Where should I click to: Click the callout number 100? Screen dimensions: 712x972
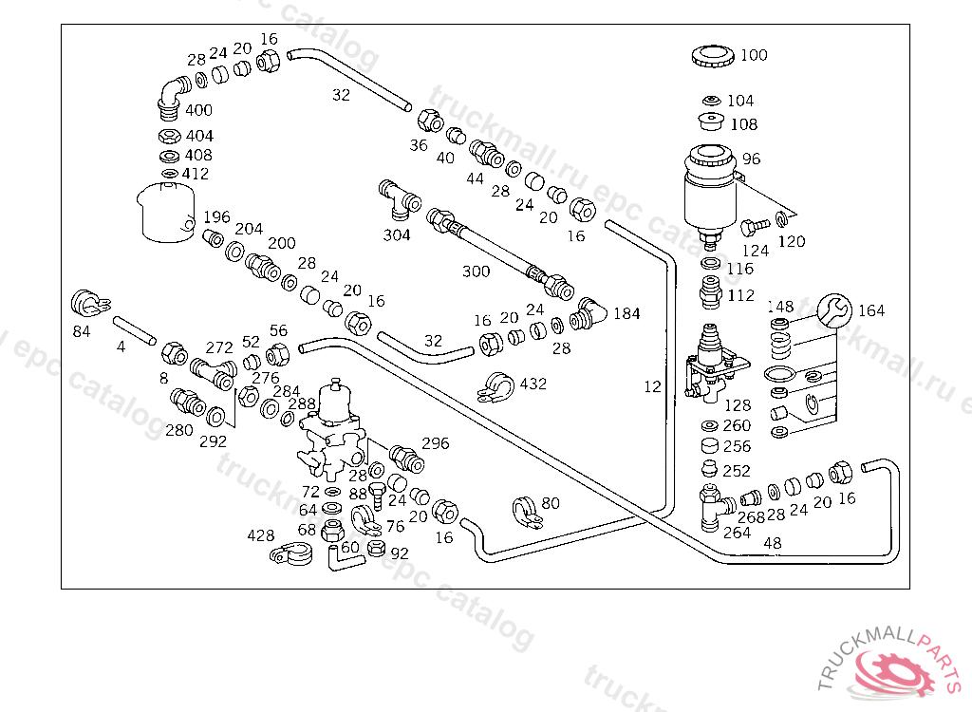pyautogui.click(x=754, y=55)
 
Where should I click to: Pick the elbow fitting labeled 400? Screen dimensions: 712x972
pyautogui.click(x=171, y=94)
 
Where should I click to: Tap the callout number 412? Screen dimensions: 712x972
pyautogui.click(x=196, y=174)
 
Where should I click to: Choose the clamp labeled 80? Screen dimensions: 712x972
pyautogui.click(x=524, y=511)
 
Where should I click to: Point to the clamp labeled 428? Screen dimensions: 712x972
pyautogui.click(x=291, y=554)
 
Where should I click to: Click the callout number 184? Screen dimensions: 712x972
pyautogui.click(x=626, y=313)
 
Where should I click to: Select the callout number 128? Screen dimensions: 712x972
pyautogui.click(x=737, y=405)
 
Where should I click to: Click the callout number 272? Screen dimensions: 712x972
pyautogui.click(x=219, y=347)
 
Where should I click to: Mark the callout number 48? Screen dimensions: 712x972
pyautogui.click(x=773, y=543)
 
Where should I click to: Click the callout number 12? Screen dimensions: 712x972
pyautogui.click(x=651, y=386)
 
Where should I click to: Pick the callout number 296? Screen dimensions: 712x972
pyautogui.click(x=435, y=443)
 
